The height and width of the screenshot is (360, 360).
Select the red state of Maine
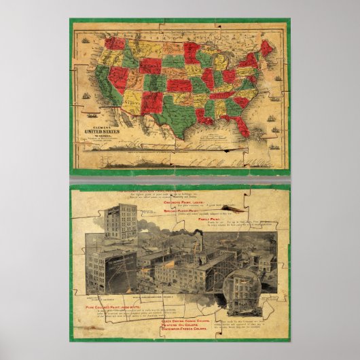267,48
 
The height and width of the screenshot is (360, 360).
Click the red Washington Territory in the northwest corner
114,43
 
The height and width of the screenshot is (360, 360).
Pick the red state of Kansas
179,86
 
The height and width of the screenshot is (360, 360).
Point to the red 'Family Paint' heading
212,221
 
